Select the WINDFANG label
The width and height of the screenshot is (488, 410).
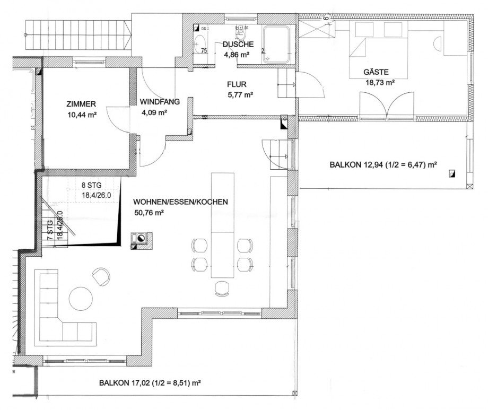(160, 101)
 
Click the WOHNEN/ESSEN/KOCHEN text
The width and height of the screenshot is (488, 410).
(181, 202)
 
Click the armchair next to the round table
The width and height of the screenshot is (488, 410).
(101, 275)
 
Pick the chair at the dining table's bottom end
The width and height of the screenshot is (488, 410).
(222, 287)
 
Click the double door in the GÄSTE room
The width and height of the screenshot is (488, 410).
(387, 104)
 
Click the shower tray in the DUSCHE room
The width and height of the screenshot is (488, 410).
(277, 37)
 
